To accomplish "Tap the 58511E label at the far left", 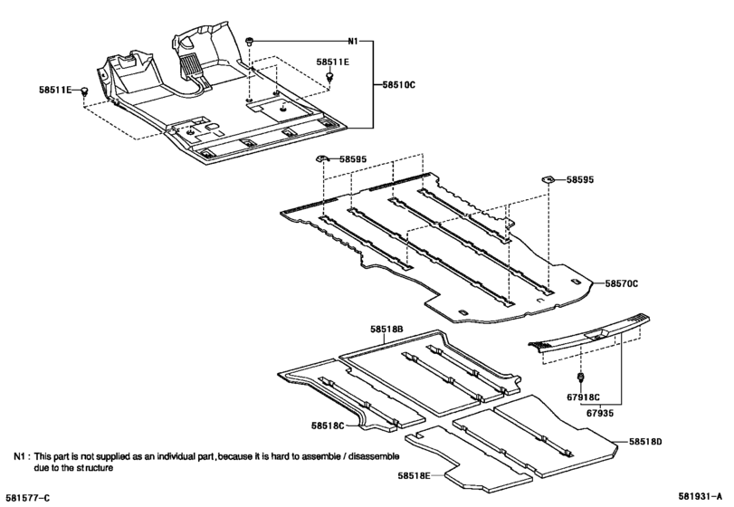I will tap(56, 90).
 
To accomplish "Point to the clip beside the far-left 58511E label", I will tap(85, 91).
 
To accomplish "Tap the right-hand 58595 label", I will tap(581, 180).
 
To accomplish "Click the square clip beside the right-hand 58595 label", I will tap(548, 180).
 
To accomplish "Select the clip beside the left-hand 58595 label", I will tap(321, 159).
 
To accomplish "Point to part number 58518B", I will tap(386, 330).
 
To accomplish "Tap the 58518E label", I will tap(415, 474).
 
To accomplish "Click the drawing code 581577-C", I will tap(28, 496).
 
